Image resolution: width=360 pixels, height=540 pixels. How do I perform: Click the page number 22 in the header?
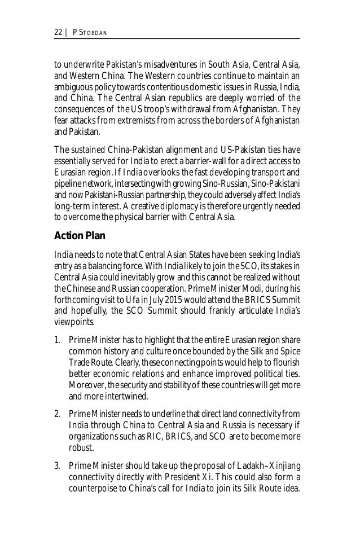click(58, 33)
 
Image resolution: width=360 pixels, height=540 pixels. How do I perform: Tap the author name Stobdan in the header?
click(93, 33)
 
